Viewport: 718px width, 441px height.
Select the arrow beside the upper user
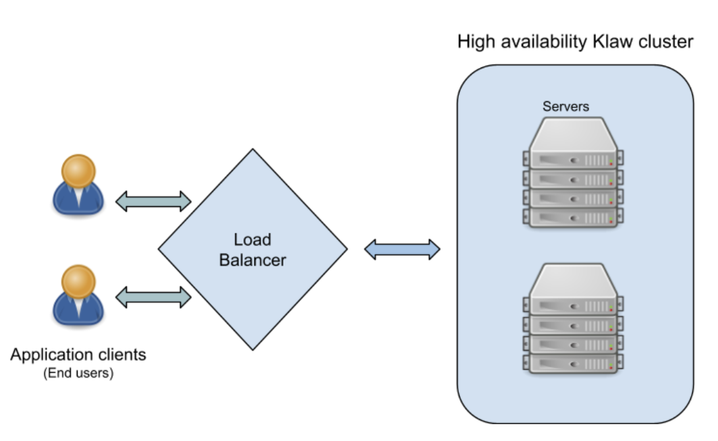(154, 200)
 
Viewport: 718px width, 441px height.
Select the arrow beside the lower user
(154, 297)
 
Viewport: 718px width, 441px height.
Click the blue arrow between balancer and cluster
(402, 249)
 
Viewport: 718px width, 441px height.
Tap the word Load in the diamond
(252, 239)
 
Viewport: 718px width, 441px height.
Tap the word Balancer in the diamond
(252, 260)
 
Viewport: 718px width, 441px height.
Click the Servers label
(565, 107)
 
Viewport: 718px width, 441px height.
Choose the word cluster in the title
(667, 42)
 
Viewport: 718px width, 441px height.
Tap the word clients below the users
(121, 355)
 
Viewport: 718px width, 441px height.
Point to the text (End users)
(78, 373)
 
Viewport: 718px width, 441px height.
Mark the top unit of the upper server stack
(573, 158)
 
